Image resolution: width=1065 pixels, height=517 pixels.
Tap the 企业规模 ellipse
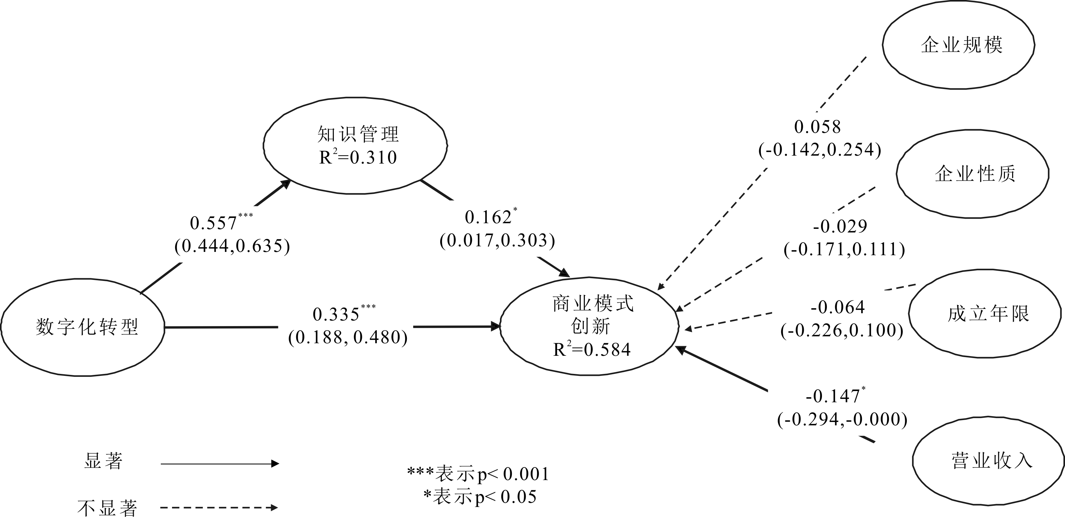coord(958,45)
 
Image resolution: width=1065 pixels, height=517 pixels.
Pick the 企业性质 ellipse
coord(973,173)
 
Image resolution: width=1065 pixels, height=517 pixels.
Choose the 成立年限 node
coord(985,314)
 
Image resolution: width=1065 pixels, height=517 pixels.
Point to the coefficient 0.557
coord(213,224)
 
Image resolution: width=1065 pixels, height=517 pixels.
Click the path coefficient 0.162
coord(488,218)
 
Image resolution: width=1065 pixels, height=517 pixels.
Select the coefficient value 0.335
coord(336,315)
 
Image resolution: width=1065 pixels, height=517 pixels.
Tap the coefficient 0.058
coord(817,127)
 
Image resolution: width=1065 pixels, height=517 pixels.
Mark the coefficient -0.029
coord(840,227)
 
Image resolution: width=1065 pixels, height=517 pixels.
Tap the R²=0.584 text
coord(592,350)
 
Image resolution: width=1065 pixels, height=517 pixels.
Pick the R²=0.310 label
coord(358,157)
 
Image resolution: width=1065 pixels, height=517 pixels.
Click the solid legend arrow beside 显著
coord(220,464)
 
